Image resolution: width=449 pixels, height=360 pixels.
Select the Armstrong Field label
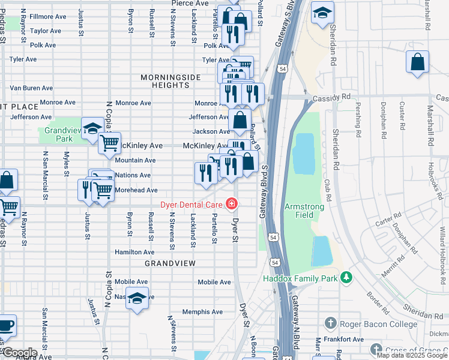[x=304, y=210]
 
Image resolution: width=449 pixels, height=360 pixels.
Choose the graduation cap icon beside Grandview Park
[x=93, y=128]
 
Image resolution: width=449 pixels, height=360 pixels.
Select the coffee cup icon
[x=6, y=326]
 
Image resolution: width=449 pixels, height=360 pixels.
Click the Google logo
[x=19, y=353]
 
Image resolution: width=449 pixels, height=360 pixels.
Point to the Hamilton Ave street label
[x=134, y=253]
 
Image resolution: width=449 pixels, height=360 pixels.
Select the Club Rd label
[x=328, y=188]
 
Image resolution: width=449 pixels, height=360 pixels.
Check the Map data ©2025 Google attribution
[x=406, y=356]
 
